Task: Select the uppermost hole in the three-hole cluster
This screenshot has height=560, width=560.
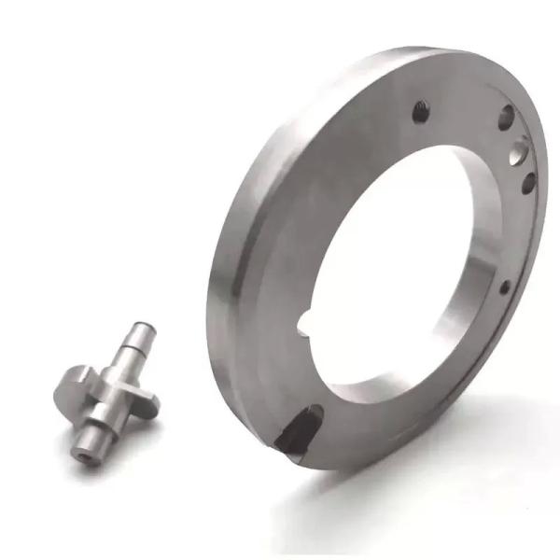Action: [x=507, y=118]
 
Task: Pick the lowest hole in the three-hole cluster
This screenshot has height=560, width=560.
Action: [x=528, y=182]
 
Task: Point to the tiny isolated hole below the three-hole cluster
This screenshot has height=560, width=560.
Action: [x=505, y=287]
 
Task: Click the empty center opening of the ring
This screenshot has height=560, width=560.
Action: [x=392, y=261]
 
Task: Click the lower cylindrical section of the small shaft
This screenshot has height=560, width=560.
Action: [x=89, y=434]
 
